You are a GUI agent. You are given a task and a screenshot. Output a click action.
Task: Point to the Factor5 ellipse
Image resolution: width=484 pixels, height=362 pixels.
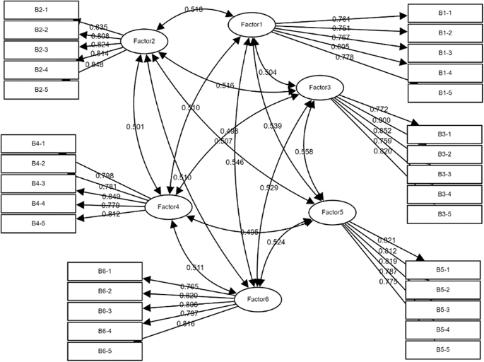(331, 211)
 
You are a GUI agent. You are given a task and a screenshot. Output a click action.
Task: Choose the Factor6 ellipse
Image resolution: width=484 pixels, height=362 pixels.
(259, 300)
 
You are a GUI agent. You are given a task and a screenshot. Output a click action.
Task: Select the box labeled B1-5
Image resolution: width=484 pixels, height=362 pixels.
(445, 93)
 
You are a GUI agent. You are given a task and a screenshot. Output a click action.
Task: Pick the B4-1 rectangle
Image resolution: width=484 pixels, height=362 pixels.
(37, 144)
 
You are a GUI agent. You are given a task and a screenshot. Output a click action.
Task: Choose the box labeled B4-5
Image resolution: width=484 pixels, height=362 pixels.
(37, 224)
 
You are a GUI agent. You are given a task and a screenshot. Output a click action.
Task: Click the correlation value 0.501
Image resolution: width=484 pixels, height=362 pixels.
(135, 127)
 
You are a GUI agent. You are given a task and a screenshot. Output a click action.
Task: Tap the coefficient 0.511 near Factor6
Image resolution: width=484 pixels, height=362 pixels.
(196, 267)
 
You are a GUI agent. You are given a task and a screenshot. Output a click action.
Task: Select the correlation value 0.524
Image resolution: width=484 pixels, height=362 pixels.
(276, 243)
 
